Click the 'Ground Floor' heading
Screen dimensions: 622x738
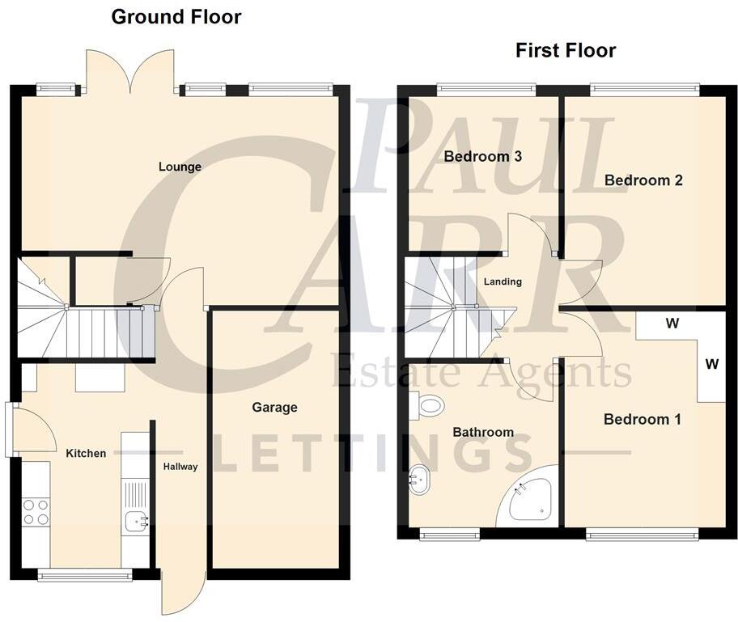(176, 17)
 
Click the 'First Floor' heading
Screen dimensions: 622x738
(566, 51)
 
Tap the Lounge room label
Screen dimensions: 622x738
(180, 167)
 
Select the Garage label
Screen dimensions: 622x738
(274, 408)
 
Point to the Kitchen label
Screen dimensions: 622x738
(86, 453)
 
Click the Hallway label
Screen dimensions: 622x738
(180, 467)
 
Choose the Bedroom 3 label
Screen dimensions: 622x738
(482, 157)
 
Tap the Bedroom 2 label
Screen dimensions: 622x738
(643, 180)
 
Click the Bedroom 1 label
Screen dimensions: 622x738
(642, 420)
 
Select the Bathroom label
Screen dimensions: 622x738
(483, 432)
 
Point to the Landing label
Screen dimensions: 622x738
(503, 281)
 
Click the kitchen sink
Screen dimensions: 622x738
(135, 522)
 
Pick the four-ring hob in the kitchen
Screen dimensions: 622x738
(36, 512)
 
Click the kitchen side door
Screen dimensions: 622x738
(29, 429)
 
